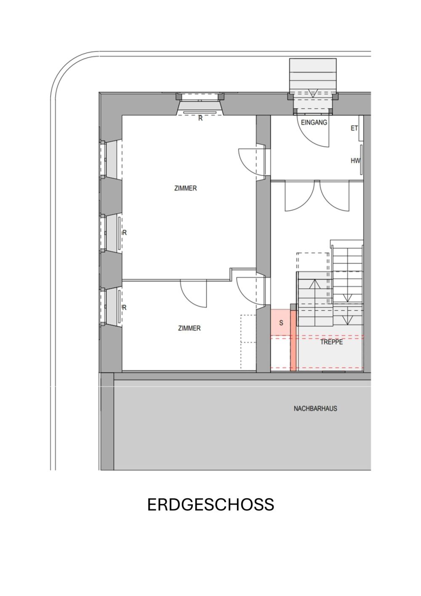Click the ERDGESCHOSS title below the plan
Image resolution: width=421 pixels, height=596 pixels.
point(210,505)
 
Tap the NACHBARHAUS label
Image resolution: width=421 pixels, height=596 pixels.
point(315,408)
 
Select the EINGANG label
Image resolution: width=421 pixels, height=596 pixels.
point(314,122)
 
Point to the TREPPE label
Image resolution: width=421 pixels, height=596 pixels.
point(331,342)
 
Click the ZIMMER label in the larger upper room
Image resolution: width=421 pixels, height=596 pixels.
point(185,188)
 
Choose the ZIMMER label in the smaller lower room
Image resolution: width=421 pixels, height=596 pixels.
point(189,328)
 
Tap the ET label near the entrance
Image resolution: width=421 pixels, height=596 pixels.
point(354,128)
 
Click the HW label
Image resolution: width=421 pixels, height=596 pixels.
point(355,161)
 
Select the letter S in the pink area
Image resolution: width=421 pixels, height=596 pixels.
point(281,323)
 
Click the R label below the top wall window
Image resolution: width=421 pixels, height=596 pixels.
point(200,118)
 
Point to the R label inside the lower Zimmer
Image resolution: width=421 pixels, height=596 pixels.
point(124,308)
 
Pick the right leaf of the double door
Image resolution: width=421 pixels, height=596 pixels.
point(335,196)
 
